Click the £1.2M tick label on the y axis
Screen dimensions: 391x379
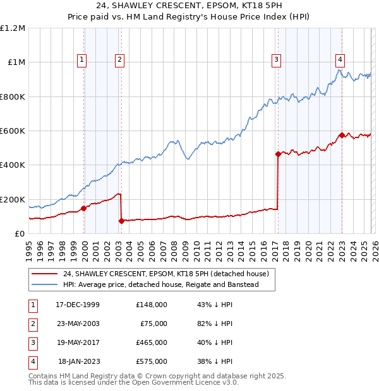click(12, 28)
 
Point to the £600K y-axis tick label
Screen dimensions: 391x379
click(12, 131)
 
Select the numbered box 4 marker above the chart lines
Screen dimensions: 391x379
click(340, 60)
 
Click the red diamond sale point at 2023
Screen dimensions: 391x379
click(342, 135)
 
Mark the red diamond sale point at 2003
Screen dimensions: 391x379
click(121, 221)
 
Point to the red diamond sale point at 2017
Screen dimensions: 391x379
click(278, 154)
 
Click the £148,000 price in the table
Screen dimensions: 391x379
click(152, 305)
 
